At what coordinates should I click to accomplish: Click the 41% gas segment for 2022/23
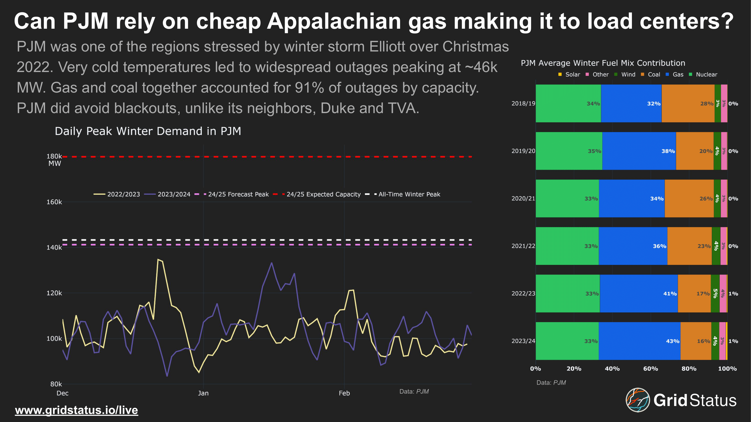point(638,293)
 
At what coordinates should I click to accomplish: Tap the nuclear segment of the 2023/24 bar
point(567,341)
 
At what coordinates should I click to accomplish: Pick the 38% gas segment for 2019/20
point(639,151)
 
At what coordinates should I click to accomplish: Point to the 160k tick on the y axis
point(54,202)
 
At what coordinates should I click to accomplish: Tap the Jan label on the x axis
point(203,393)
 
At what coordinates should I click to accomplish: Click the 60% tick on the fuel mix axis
point(650,369)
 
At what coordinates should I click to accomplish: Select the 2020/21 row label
point(523,198)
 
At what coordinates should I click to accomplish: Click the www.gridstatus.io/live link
point(76,410)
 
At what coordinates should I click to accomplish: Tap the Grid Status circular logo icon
point(638,400)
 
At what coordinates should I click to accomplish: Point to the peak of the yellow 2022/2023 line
point(158,259)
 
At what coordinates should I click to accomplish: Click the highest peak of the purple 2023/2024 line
point(271,263)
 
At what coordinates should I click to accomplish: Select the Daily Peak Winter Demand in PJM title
point(148,131)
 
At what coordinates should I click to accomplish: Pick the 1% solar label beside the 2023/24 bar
point(733,341)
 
